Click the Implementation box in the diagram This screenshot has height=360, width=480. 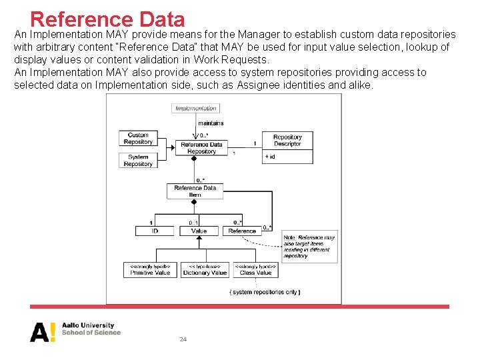point(196,108)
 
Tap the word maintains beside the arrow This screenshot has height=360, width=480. point(211,123)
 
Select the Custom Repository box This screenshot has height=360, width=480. point(138,139)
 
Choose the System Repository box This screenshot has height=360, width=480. point(138,161)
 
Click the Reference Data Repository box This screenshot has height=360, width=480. point(201,148)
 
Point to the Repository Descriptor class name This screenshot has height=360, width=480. point(287,141)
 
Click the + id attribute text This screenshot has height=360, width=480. point(270,156)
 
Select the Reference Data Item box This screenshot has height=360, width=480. point(195,191)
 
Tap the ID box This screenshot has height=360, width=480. point(155,231)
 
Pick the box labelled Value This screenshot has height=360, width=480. point(199,231)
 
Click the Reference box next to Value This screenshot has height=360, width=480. point(242,231)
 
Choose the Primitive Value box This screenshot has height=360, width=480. point(151,269)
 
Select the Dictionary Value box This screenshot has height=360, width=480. point(205,269)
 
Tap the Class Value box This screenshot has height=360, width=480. point(255,269)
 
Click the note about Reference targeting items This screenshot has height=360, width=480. point(309,246)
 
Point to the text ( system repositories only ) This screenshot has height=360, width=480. point(265,292)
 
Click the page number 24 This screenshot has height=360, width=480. point(183,339)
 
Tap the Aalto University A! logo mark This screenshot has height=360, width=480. point(43,332)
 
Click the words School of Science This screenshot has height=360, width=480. point(91,332)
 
